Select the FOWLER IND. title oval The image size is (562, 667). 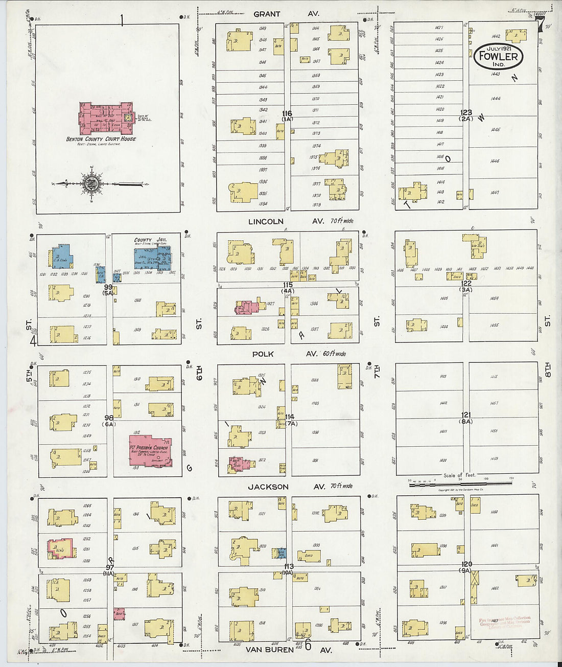(499, 56)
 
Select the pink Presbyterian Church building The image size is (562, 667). (150, 450)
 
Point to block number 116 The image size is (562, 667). (287, 113)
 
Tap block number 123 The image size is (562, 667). (466, 112)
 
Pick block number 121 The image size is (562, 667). (466, 415)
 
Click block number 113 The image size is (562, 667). (289, 566)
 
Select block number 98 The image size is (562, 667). (109, 418)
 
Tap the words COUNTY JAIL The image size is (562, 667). (150, 240)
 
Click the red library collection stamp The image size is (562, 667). (505, 622)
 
